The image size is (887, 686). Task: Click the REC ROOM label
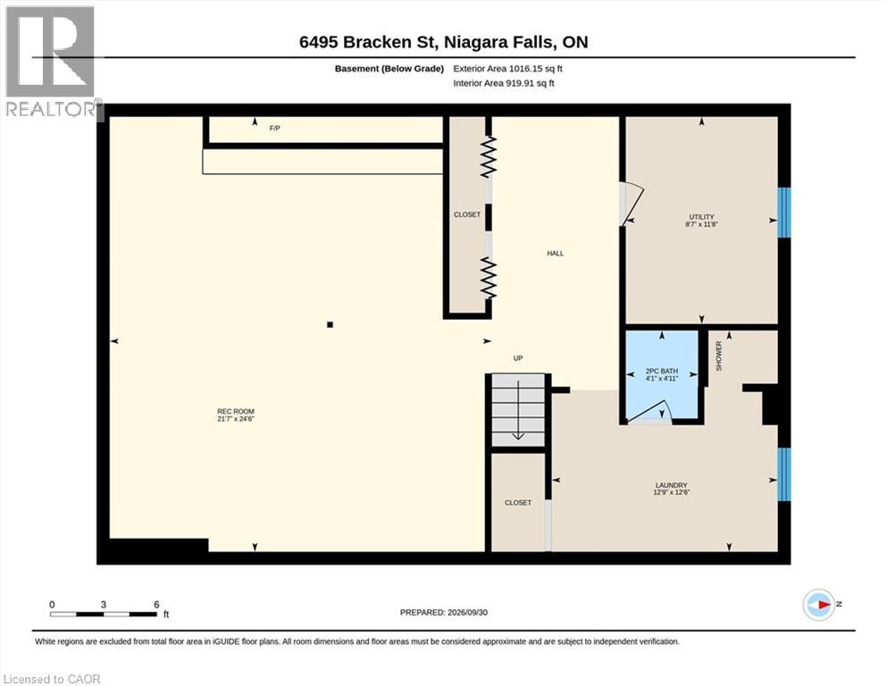236,411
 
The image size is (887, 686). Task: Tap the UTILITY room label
701,216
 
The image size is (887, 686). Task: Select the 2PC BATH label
662,372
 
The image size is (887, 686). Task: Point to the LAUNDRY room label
672,485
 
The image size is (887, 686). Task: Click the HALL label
555,254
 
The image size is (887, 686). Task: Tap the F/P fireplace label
274,129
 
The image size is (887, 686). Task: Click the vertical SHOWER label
719,356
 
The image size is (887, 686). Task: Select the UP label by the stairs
517,358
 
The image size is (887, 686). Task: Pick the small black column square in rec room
330,324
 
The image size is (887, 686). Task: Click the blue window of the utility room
783,212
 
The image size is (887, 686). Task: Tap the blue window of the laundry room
783,474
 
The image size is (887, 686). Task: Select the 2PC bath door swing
649,412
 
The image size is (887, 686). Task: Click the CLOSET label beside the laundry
517,503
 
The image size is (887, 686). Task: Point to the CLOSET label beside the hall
466,215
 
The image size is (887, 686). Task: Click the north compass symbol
819,605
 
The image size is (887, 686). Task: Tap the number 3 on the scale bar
104,605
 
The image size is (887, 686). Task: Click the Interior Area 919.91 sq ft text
504,83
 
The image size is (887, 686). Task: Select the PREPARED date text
443,613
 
